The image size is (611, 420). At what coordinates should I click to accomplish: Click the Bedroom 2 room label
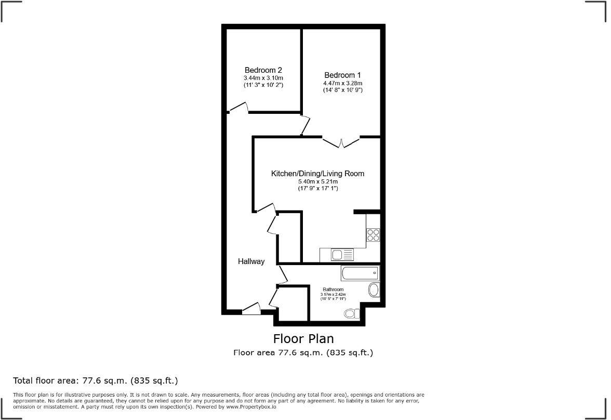pos(263,70)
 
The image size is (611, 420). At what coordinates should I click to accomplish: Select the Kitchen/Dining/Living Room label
pos(317,174)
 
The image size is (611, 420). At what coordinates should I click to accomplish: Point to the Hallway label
pos(251,261)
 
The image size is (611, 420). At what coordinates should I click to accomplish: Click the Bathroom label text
pos(333,290)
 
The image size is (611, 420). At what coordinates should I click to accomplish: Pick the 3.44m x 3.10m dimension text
pos(263,78)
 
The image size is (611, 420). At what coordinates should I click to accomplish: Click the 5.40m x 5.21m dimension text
pos(317,181)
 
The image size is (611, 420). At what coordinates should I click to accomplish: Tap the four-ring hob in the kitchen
pos(373,235)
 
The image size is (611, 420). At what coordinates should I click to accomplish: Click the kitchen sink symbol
pos(342,255)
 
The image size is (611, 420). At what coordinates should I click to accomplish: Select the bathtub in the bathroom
pos(360,273)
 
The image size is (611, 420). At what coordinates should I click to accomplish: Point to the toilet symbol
pos(352,313)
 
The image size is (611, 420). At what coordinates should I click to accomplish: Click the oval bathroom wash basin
pos(374,290)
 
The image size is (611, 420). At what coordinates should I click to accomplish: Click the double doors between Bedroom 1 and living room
pos(341,141)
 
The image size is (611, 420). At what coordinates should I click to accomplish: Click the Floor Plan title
pos(303,339)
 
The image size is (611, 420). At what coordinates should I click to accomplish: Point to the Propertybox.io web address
pos(251,407)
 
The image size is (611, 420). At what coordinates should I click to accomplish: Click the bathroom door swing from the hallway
pos(283,274)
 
